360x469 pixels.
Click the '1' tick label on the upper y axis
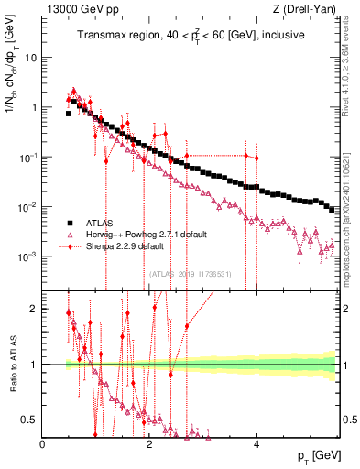click(35, 107)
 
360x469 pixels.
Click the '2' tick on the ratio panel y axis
click(35, 309)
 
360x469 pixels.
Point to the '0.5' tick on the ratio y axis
click(31, 420)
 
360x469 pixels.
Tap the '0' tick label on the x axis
click(43, 442)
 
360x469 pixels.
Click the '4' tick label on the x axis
click(256, 442)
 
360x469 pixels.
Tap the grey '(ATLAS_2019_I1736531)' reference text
click(190, 273)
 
